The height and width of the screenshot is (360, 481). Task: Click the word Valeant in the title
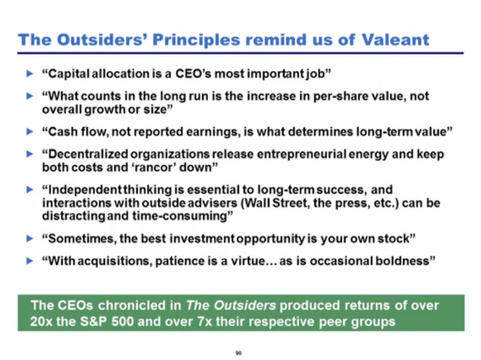coord(395,40)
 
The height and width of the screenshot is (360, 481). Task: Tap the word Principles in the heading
coord(196,41)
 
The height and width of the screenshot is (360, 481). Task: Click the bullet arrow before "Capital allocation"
coord(30,73)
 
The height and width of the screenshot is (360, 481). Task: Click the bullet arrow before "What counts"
coord(30,96)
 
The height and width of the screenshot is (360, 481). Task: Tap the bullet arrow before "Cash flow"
coord(30,132)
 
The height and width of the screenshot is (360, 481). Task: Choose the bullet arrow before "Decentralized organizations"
coord(30,154)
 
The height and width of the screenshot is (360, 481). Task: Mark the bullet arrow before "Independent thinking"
coord(30,190)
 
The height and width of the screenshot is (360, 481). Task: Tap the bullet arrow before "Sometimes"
coord(30,238)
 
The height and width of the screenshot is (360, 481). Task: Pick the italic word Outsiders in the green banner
coord(245,305)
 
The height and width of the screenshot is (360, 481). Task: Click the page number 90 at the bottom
coord(238,353)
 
